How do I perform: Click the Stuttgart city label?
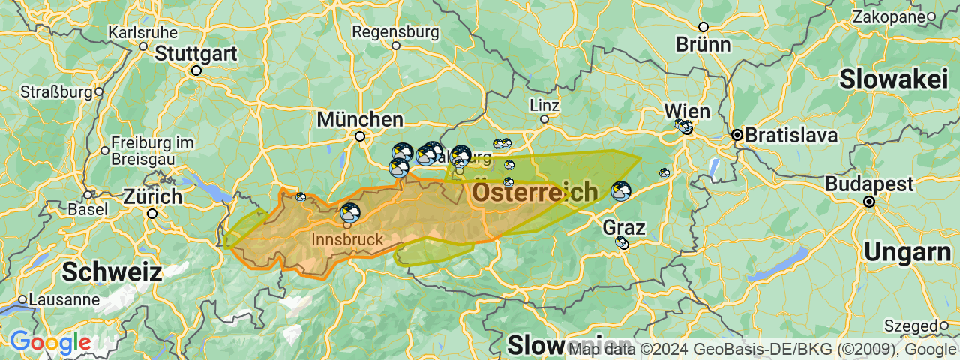pos(196,54)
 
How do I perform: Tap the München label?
pos(360,119)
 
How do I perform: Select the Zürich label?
pos(153,197)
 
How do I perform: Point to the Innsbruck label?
pos(346,240)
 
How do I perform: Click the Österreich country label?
pos(535,193)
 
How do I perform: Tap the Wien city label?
pos(686,112)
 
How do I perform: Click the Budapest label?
pos(869,184)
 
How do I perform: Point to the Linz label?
pos(544,104)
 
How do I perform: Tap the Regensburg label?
pos(395,32)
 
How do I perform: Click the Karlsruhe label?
pos(143,32)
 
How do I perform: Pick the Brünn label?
pos(703,44)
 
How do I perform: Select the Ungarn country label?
pos(907,252)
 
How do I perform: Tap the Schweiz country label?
pos(112,271)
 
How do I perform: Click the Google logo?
pos(50,343)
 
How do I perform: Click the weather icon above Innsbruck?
pos(350,213)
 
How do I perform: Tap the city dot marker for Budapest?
pos(869,202)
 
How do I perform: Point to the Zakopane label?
pos(888,16)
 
